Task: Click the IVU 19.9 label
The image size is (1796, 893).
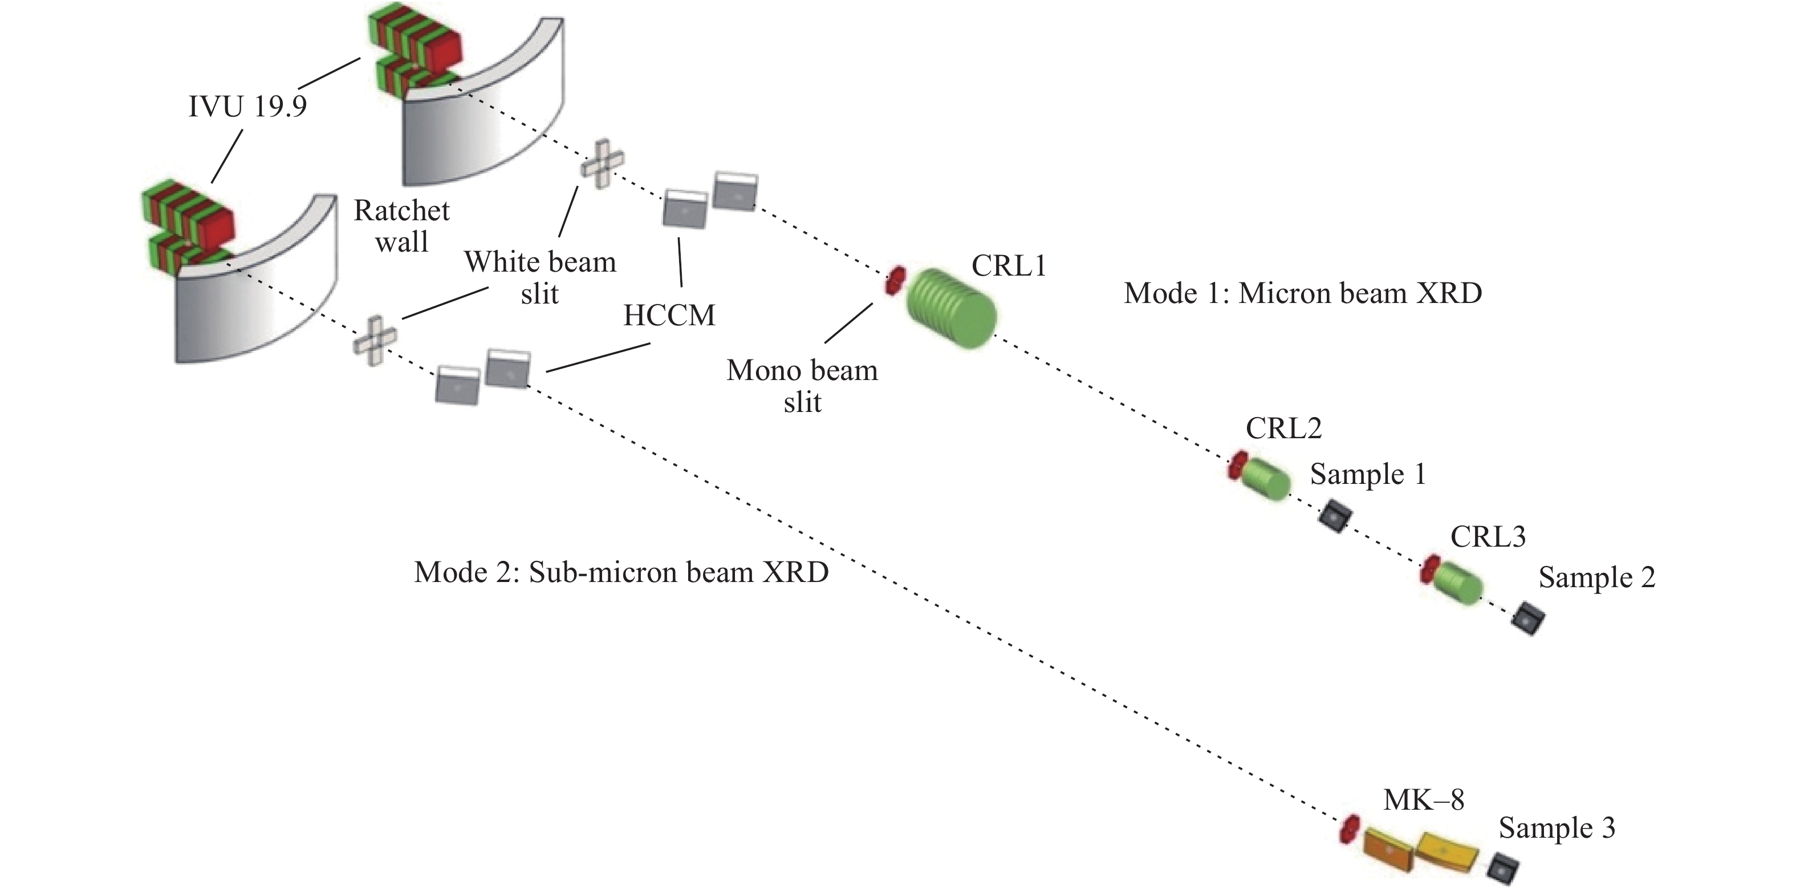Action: click(x=247, y=107)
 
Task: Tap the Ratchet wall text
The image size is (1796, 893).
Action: click(x=401, y=226)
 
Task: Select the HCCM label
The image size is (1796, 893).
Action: click(x=669, y=316)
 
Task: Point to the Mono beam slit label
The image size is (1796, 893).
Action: click(x=802, y=386)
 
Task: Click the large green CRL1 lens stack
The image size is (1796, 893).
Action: click(x=952, y=308)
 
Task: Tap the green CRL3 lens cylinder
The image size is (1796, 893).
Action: click(x=1457, y=582)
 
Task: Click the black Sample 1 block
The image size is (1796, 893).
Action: click(x=1335, y=517)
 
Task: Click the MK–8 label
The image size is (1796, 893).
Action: click(x=1423, y=800)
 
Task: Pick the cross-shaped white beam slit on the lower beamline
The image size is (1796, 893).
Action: click(x=375, y=341)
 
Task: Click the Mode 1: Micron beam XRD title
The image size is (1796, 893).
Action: click(x=1302, y=294)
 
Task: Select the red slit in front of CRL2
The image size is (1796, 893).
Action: click(x=1237, y=466)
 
